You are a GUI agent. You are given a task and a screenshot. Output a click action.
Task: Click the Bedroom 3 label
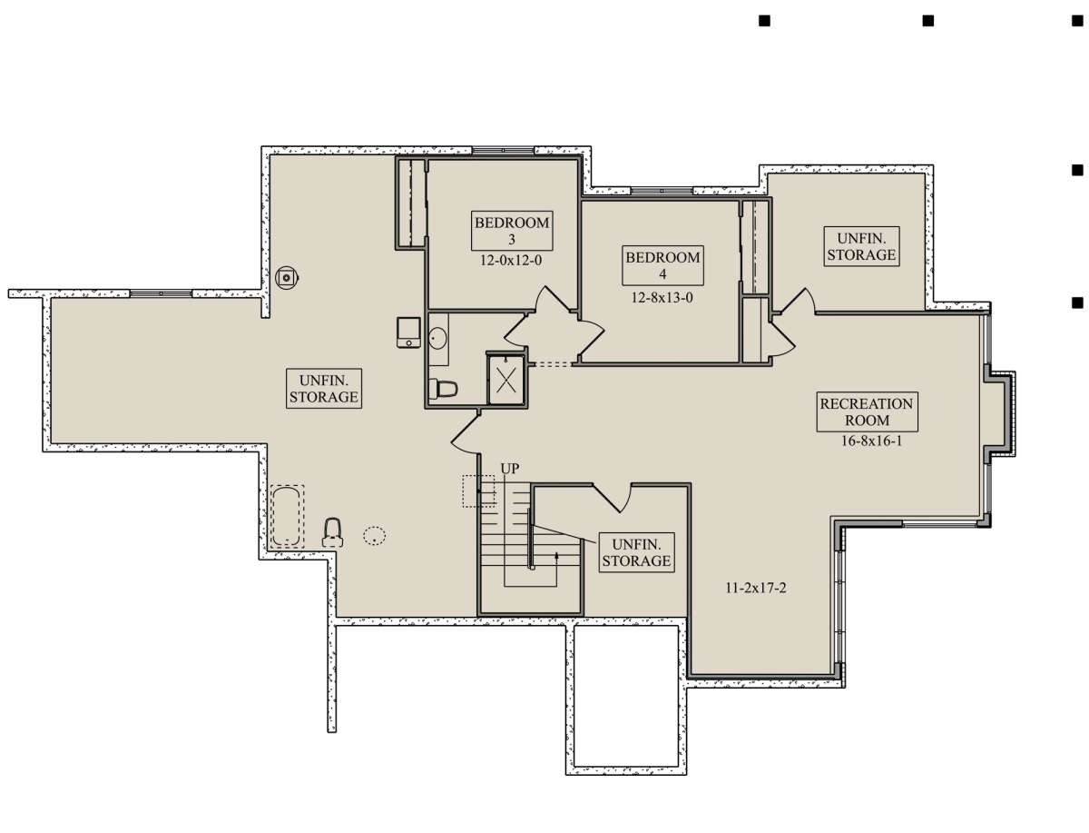pyautogui.click(x=512, y=231)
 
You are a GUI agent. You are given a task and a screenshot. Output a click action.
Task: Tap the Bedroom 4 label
pyautogui.click(x=662, y=265)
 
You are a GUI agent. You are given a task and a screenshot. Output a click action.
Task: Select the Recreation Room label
pyautogui.click(x=867, y=412)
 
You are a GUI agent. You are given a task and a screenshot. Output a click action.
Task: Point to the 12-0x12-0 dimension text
pyautogui.click(x=511, y=260)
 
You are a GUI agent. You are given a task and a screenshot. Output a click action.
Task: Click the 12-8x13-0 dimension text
pyautogui.click(x=662, y=297)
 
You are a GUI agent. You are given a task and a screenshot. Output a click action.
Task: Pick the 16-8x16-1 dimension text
pyautogui.click(x=871, y=441)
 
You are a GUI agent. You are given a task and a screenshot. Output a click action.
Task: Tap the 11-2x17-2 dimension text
pyautogui.click(x=756, y=589)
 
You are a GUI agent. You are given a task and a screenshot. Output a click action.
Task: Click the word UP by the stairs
pyautogui.click(x=509, y=469)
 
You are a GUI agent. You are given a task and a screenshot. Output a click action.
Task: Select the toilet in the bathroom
pyautogui.click(x=443, y=389)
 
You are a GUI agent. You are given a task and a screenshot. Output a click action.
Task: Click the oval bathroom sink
pyautogui.click(x=437, y=339)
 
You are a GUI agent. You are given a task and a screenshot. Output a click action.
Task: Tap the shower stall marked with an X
pyautogui.click(x=505, y=380)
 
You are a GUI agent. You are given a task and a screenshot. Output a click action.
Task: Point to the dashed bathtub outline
pyautogui.click(x=287, y=516)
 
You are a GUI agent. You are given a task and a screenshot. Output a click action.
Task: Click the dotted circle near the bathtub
pyautogui.click(x=374, y=536)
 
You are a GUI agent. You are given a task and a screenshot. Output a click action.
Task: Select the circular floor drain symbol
pyautogui.click(x=287, y=277)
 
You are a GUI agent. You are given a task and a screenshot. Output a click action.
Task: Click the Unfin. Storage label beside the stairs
pyautogui.click(x=636, y=552)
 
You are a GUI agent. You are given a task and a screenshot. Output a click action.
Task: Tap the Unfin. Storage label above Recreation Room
pyautogui.click(x=861, y=247)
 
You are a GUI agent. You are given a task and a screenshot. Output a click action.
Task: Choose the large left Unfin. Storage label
pyautogui.click(x=323, y=389)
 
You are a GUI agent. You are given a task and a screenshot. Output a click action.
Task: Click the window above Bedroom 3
pyautogui.click(x=503, y=150)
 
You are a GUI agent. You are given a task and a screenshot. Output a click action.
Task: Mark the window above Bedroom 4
pyautogui.click(x=662, y=191)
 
